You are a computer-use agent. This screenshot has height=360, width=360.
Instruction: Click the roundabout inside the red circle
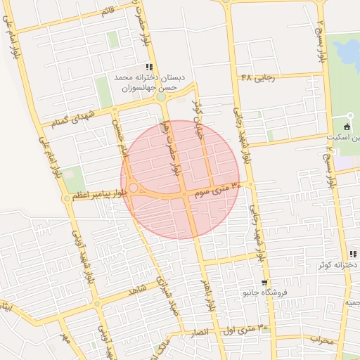133,188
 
